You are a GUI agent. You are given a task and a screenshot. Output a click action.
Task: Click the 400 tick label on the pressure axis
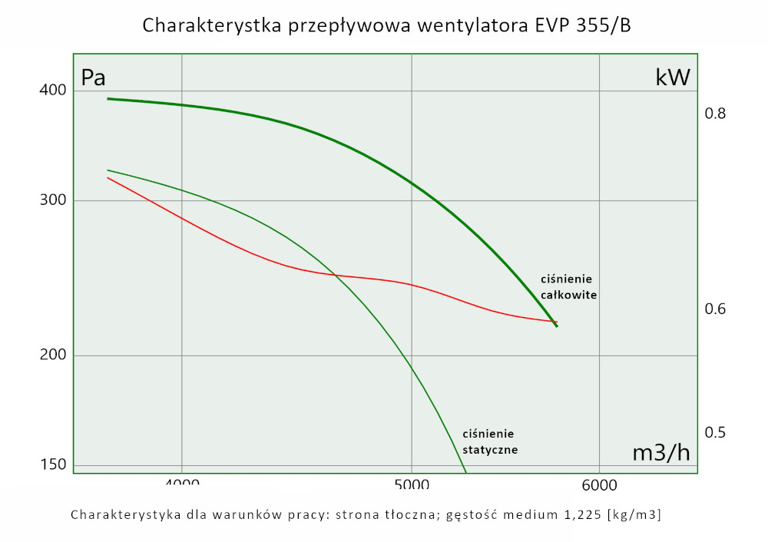54,91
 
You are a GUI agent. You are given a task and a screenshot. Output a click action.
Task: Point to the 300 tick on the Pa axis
54,201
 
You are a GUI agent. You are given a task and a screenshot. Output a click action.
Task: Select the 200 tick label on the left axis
54,355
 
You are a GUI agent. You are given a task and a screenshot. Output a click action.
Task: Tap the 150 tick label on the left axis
54,464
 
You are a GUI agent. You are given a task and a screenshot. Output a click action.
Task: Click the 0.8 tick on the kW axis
715,114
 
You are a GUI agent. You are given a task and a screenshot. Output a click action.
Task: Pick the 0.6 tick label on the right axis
715,309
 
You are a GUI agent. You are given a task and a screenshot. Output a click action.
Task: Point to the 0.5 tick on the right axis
715,432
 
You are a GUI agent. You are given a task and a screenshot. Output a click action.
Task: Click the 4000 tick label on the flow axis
182,483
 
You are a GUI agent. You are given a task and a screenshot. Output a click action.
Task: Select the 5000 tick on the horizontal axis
412,483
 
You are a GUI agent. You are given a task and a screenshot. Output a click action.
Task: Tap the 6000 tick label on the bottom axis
599,484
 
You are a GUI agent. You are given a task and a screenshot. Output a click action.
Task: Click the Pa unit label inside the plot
94,78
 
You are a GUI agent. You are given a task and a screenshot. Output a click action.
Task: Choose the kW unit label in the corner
673,78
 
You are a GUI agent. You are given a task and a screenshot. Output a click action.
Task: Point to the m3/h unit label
661,453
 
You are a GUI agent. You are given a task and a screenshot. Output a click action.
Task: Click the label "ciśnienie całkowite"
568,286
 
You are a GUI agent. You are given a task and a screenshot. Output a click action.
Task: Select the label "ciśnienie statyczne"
489,441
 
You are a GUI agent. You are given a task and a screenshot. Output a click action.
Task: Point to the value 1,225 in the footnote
577,514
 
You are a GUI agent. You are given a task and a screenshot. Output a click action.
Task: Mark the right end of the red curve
556,322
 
